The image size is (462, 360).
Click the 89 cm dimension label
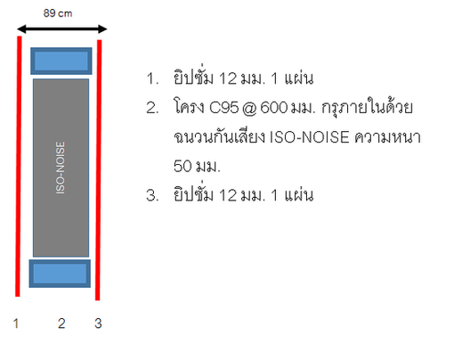pyautogui.click(x=58, y=13)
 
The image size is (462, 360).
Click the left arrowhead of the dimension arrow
pyautogui.click(x=21, y=29)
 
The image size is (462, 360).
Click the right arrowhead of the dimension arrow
pyautogui.click(x=102, y=29)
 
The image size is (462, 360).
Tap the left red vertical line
pyautogui.click(x=19, y=167)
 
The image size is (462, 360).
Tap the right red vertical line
pyautogui.click(x=99, y=170)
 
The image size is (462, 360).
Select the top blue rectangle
pyautogui.click(x=61, y=61)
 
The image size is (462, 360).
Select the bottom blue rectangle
pyautogui.click(x=60, y=274)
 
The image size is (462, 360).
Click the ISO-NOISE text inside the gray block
pyautogui.click(x=61, y=168)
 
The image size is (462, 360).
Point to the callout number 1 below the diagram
pyautogui.click(x=16, y=323)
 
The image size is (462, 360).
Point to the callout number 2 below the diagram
pyautogui.click(x=61, y=323)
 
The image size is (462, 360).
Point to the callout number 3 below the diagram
pyautogui.click(x=98, y=323)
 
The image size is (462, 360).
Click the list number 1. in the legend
pyautogui.click(x=152, y=78)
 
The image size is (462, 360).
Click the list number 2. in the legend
pyautogui.click(x=152, y=108)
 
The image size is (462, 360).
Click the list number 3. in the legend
pyautogui.click(x=152, y=195)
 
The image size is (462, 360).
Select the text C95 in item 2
pyautogui.click(x=223, y=108)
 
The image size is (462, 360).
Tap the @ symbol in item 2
pyautogui.click(x=249, y=108)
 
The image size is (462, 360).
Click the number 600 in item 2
pyautogui.click(x=274, y=108)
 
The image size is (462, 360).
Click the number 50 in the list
pyautogui.click(x=182, y=166)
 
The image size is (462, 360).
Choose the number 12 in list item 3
pyautogui.click(x=228, y=195)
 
